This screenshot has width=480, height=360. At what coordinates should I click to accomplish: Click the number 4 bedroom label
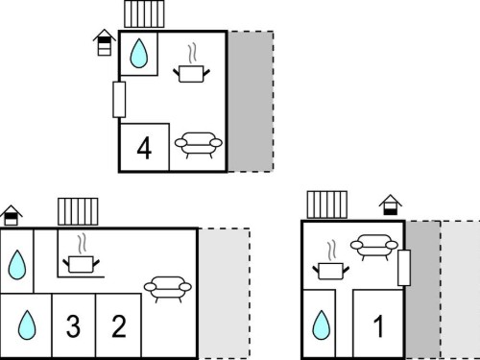[x=144, y=148]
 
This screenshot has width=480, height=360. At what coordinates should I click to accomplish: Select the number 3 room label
[x=73, y=326]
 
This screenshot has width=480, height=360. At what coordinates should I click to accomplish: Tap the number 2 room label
[x=119, y=326]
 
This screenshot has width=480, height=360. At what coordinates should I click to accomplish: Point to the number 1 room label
[x=379, y=326]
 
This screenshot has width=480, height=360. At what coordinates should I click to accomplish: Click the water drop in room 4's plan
[x=139, y=53]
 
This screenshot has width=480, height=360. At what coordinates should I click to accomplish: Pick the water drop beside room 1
[x=321, y=324]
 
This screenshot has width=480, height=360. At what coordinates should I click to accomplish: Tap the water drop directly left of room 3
[x=27, y=324]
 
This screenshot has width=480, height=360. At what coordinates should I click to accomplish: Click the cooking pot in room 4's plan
[x=191, y=64]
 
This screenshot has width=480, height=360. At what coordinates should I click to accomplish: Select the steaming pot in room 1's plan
[x=331, y=261]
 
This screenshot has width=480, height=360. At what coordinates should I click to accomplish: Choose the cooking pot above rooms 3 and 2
[x=82, y=254]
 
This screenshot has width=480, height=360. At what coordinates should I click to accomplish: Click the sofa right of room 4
[x=199, y=145]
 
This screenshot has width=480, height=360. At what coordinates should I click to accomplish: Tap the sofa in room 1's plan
[x=374, y=248]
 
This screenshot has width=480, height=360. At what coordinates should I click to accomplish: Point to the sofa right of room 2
[x=168, y=289]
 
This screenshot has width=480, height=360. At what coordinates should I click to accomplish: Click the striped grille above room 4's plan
[x=144, y=13]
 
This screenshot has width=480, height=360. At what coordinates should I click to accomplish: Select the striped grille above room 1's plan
[x=327, y=204]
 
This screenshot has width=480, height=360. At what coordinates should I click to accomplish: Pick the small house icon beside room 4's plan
[x=105, y=42]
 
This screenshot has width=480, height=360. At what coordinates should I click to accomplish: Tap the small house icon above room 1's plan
[x=391, y=204]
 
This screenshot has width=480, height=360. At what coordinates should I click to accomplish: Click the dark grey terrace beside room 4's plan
[x=251, y=102]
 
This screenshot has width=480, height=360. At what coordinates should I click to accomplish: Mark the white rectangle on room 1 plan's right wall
[x=404, y=268]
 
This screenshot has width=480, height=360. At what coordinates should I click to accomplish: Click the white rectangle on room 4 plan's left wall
[x=119, y=100]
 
